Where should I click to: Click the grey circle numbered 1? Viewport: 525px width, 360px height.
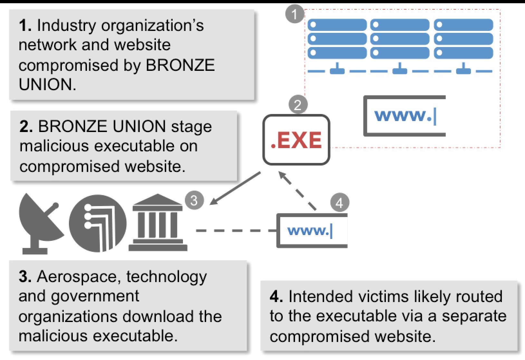(295, 14)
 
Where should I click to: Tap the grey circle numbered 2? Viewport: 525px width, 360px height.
(298, 105)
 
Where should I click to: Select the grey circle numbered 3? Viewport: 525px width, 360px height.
(194, 200)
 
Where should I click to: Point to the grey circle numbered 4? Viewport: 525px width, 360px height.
(339, 203)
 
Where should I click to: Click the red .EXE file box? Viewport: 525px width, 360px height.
(296, 140)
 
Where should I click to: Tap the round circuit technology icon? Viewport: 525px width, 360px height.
(98, 223)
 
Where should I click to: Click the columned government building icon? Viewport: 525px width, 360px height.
(158, 223)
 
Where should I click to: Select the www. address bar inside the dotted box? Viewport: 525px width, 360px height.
(405, 116)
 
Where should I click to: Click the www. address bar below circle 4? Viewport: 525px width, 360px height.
(312, 231)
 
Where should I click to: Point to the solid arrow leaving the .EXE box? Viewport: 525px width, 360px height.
(235, 188)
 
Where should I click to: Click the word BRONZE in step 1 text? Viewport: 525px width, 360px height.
(180, 65)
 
